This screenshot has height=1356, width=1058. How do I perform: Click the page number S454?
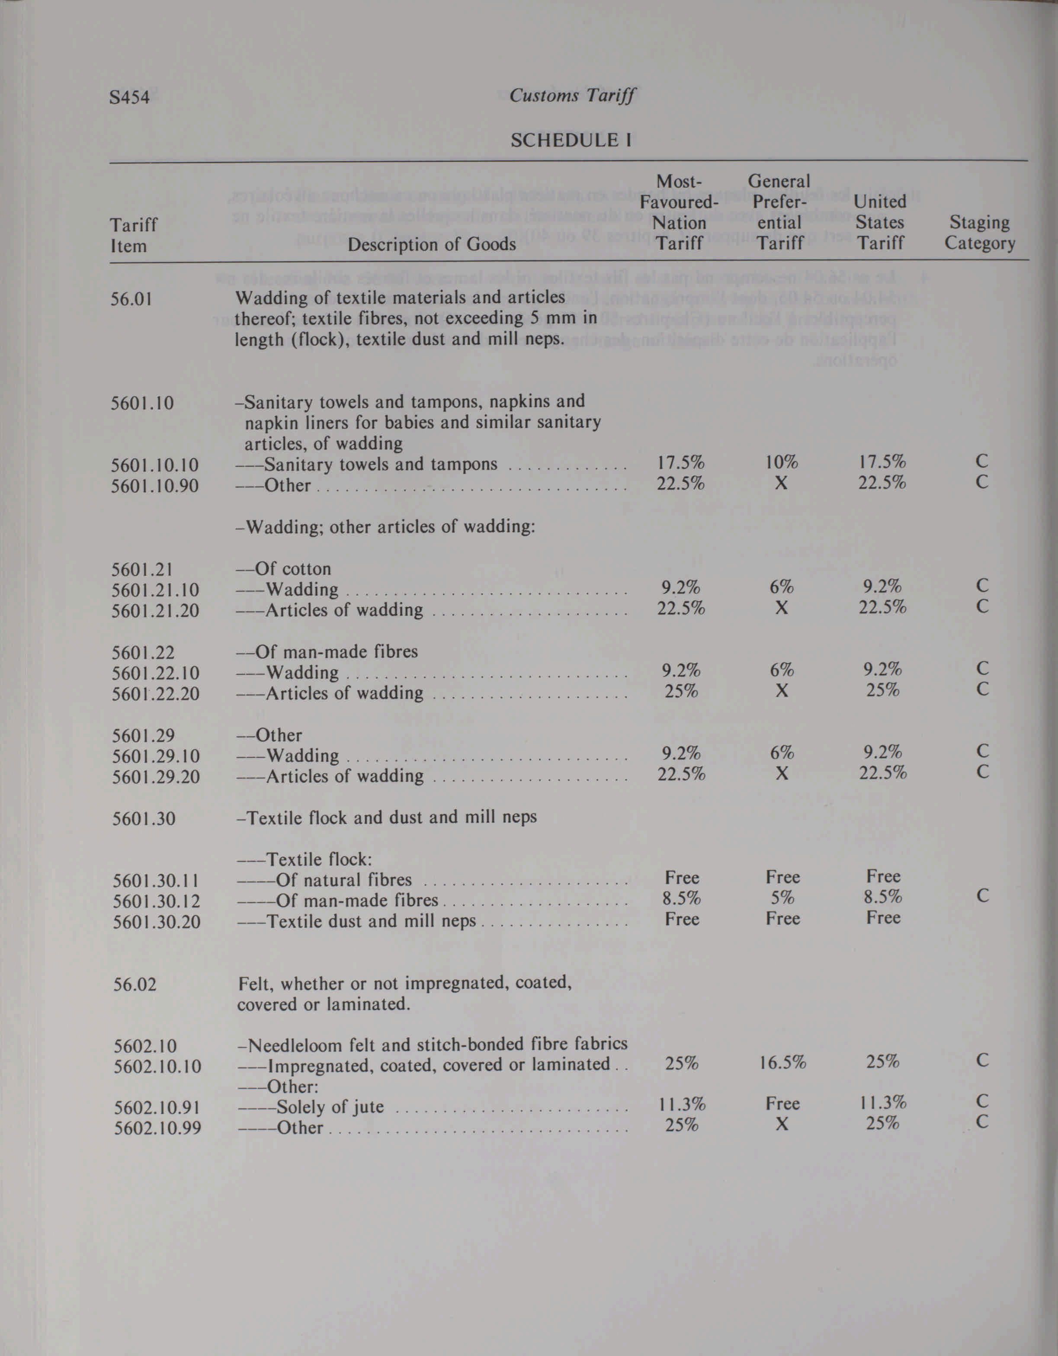pos(129,97)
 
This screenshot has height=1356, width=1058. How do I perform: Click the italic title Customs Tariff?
pos(572,96)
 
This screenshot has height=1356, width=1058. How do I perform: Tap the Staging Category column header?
pos(980,232)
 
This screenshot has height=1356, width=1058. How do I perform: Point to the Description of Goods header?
pos(432,244)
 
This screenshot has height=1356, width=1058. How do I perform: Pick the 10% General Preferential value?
pos(781,462)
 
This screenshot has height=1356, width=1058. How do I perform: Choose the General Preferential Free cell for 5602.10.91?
pos(782,1103)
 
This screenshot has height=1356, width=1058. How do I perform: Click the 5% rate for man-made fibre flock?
pos(782,898)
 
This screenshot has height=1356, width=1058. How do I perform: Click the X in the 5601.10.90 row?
pos(781,483)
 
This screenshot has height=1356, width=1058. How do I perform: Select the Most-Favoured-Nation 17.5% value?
pos(680,462)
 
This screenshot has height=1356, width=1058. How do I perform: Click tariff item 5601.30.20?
pos(157,921)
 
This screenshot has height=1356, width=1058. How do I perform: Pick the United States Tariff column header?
pos(880,222)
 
